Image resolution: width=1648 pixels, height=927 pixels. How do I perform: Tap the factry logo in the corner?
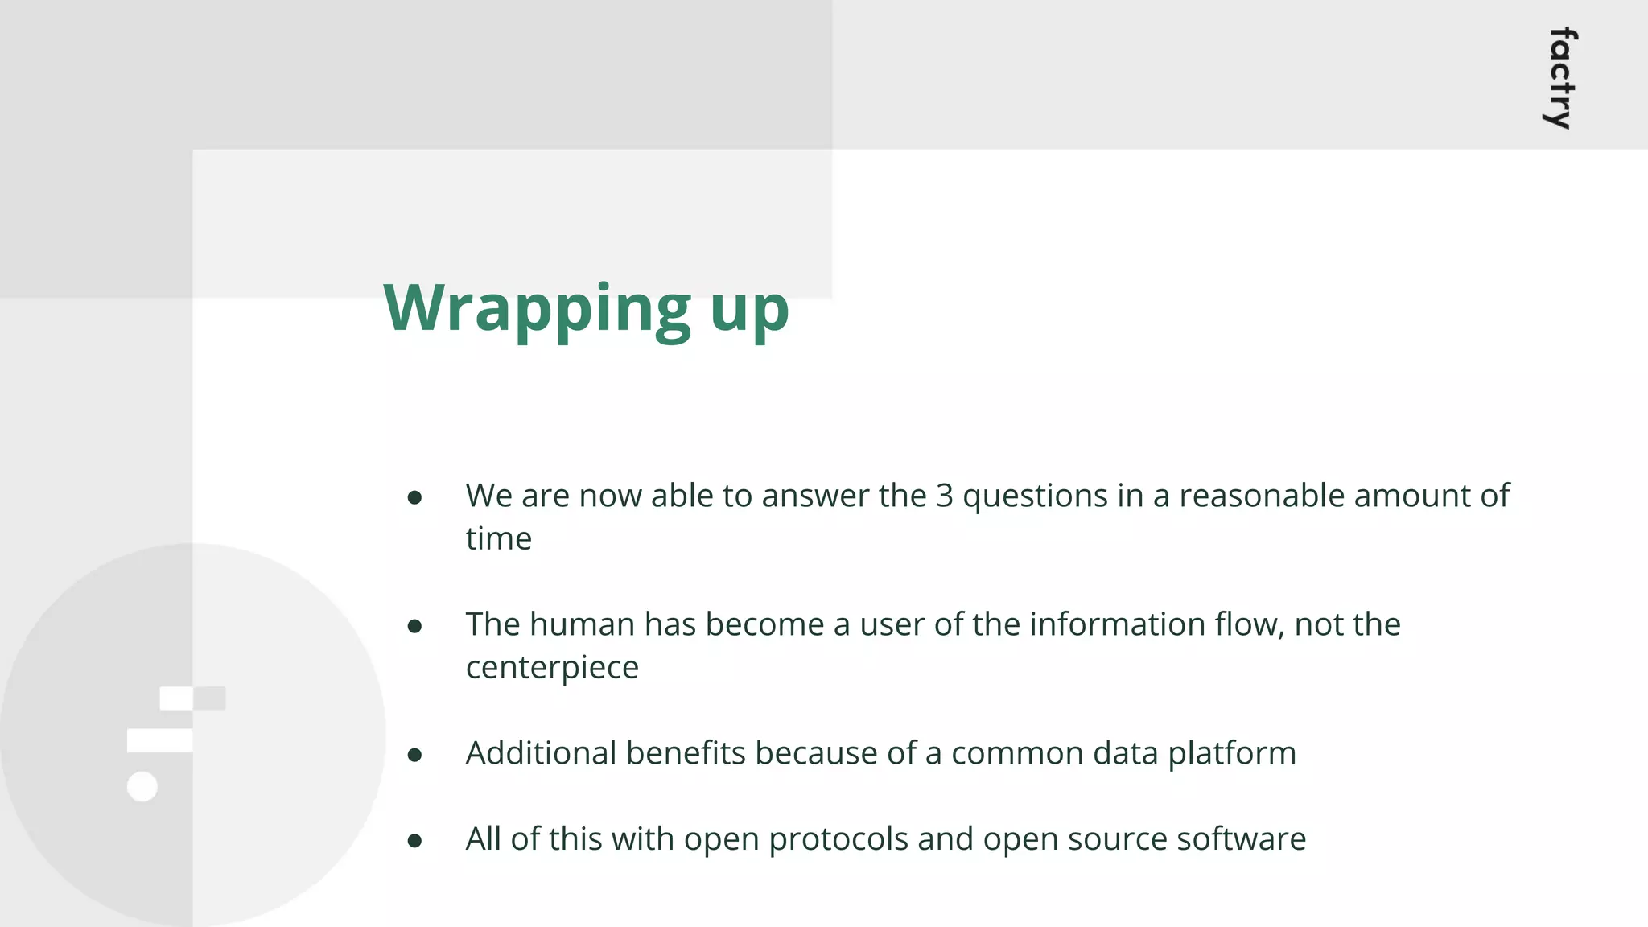[1561, 78]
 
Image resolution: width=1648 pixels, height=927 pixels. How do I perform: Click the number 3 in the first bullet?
[944, 496]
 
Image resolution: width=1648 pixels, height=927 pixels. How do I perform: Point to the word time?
[498, 538]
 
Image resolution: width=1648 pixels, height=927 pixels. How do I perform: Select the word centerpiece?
[552, 668]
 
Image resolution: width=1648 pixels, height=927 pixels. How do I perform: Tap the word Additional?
[541, 753]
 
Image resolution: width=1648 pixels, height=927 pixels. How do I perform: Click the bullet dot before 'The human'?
[414, 626]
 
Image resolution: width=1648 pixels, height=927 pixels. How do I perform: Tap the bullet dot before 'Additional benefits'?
[414, 755]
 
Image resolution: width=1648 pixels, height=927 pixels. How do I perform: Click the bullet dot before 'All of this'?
[414, 841]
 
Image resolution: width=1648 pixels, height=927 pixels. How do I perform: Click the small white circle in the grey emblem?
[142, 786]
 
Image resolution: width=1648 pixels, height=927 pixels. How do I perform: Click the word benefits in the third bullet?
[686, 753]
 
